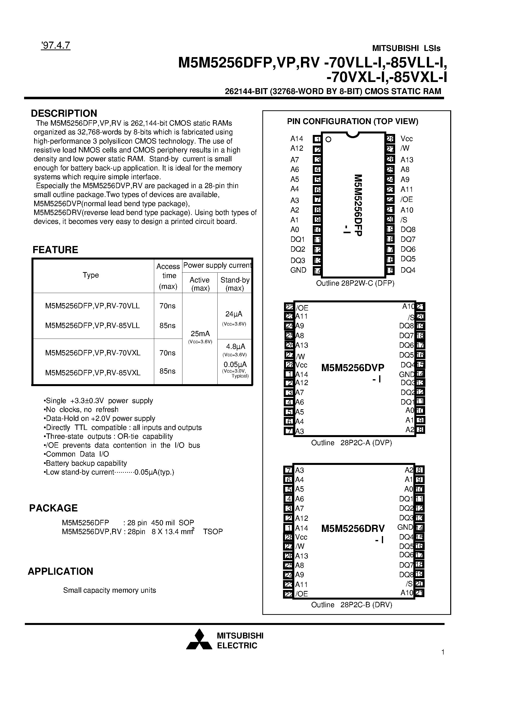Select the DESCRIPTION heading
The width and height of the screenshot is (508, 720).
click(64, 113)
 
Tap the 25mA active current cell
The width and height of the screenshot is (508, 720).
click(200, 334)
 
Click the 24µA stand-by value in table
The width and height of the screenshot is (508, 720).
click(234, 314)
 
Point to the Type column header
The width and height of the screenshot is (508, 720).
click(91, 275)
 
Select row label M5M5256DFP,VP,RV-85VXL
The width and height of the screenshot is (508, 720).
click(93, 373)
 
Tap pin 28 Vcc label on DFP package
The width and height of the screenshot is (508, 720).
click(406, 139)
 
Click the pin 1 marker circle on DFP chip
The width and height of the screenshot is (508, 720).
click(328, 140)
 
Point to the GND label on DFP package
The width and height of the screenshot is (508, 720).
click(298, 270)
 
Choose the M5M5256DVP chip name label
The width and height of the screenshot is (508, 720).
click(353, 368)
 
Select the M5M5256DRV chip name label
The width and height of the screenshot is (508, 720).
click(353, 529)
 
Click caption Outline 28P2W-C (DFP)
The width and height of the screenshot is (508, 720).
click(355, 283)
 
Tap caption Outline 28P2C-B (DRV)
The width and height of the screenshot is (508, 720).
click(351, 605)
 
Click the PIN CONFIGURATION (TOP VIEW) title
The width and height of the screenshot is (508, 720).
click(353, 121)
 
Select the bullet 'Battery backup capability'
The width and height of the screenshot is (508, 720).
click(85, 463)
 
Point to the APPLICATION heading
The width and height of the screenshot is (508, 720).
click(60, 571)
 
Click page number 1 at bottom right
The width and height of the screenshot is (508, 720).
click(443, 652)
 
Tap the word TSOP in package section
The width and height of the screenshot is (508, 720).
click(213, 532)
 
